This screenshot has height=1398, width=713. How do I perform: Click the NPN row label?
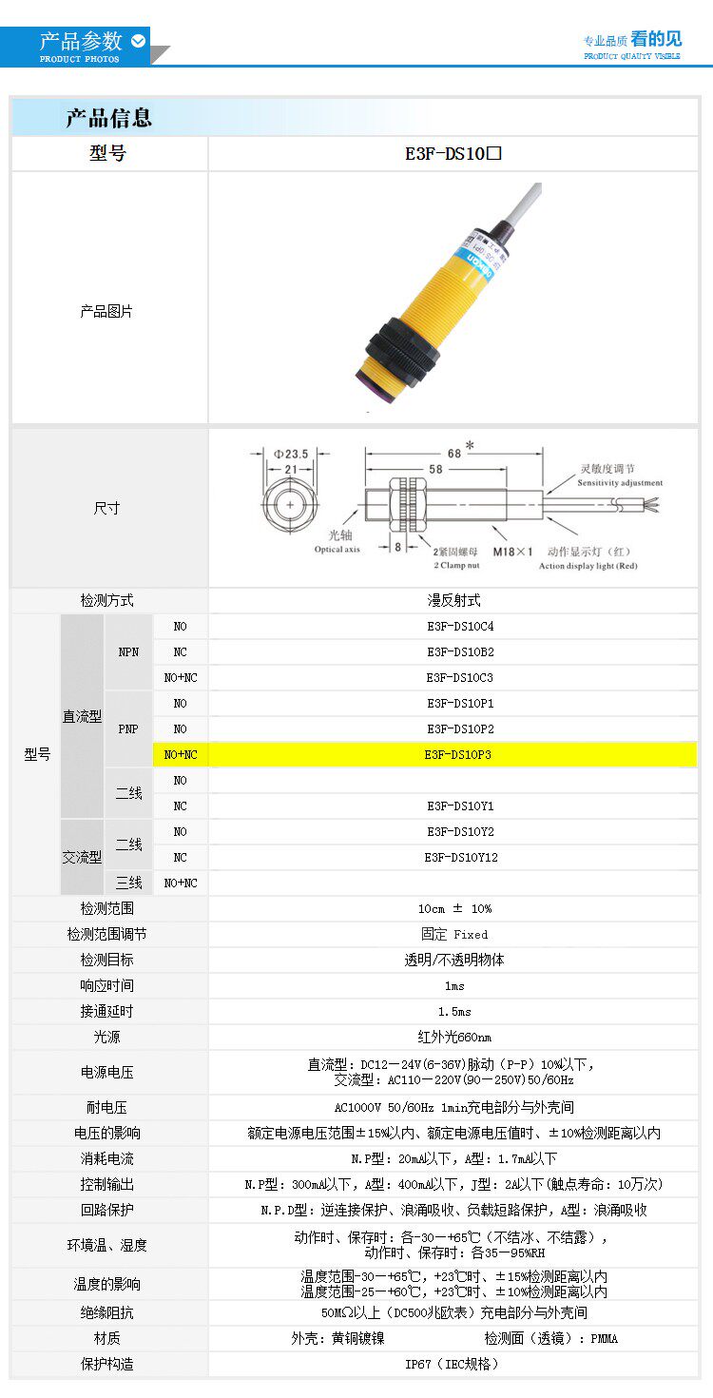(128, 652)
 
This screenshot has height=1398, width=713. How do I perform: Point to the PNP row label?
(128, 729)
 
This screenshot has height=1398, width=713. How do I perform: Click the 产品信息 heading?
(108, 119)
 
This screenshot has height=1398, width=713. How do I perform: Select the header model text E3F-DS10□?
(453, 154)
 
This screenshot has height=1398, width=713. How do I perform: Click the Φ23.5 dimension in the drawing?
(292, 454)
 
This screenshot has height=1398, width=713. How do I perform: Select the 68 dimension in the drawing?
(454, 453)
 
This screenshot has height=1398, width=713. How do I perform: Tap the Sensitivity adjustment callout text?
(620, 483)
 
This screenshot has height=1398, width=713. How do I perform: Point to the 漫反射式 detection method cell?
(453, 601)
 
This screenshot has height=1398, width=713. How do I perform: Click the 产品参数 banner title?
(81, 42)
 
